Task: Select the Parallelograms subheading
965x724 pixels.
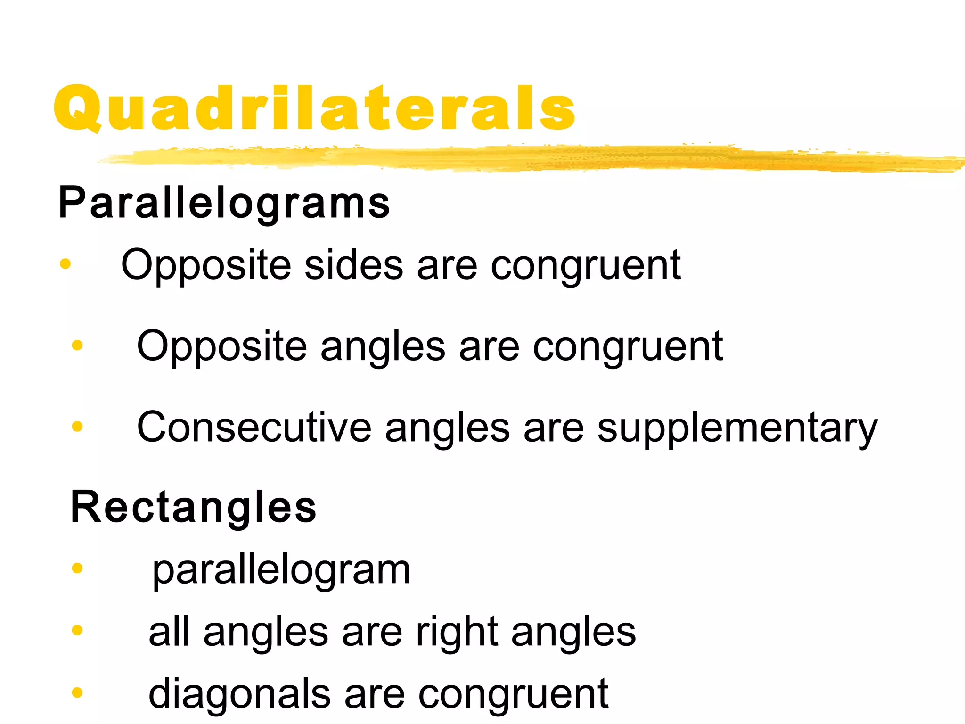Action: click(224, 203)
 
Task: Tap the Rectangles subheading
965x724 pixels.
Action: click(193, 507)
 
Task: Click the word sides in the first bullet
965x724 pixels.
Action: click(354, 265)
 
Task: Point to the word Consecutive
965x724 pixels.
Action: click(254, 427)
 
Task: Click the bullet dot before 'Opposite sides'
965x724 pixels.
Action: click(65, 264)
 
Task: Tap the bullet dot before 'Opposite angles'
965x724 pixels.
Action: click(77, 346)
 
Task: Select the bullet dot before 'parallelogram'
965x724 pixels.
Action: click(77, 568)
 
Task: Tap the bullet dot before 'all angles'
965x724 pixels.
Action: click(77, 630)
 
